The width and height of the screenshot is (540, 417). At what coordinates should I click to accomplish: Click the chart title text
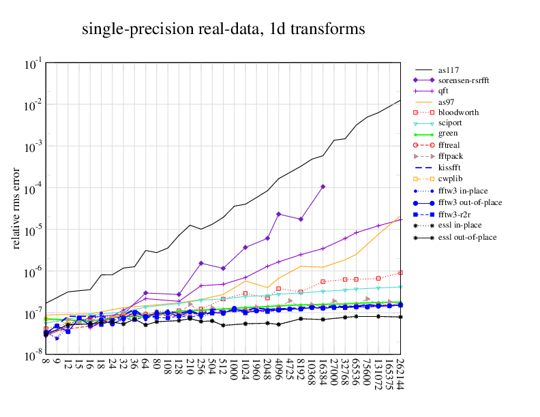(223, 29)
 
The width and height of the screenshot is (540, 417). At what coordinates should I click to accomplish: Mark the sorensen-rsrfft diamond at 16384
(323, 187)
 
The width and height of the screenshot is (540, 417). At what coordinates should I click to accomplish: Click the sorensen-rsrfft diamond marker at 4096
(279, 214)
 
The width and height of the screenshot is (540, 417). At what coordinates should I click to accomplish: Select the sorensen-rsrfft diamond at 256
(201, 263)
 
